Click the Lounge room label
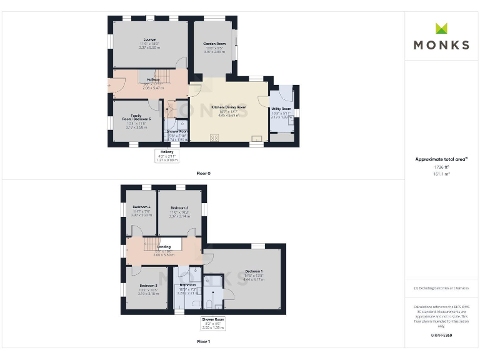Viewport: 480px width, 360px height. point(149,39)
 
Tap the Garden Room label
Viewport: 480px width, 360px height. point(214,44)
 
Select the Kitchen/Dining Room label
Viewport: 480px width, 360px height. point(229,107)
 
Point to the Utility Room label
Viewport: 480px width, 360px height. point(281,109)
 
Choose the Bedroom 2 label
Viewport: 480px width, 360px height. point(179,207)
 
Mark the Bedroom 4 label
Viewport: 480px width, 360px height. point(142,207)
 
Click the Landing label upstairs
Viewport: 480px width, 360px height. point(163,247)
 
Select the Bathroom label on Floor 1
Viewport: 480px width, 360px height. point(188,285)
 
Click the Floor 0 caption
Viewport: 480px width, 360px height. point(203,173)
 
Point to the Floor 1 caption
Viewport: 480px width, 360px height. point(203,342)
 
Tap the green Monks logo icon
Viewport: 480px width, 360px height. point(441,28)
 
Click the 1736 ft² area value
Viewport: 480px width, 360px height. point(441,167)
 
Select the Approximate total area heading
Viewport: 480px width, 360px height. point(441,159)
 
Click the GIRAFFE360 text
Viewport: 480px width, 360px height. point(441,336)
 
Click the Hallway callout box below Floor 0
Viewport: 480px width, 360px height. point(167,156)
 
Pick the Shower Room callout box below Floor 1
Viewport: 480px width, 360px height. point(213,323)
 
